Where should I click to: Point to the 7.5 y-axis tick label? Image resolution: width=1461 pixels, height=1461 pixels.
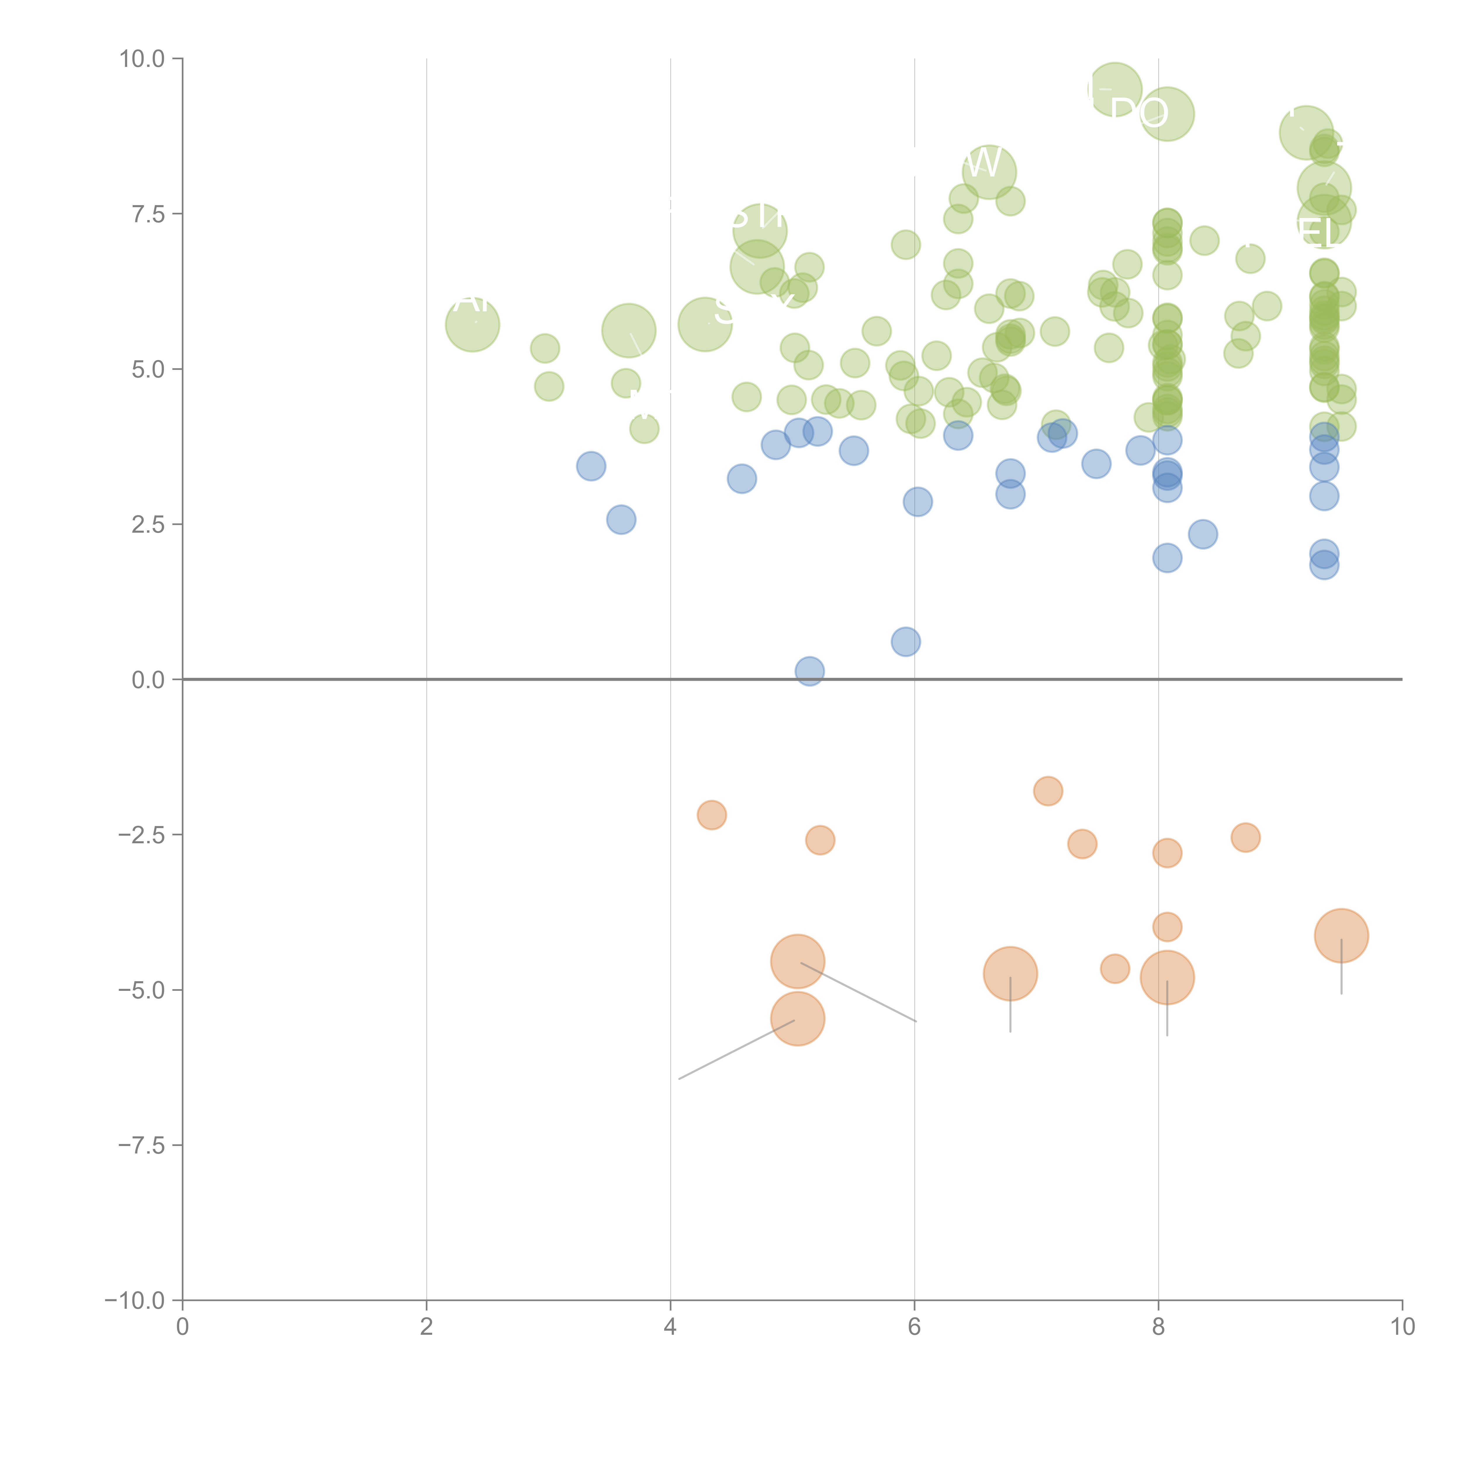point(148,214)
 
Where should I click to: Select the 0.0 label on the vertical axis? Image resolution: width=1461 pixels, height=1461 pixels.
point(148,680)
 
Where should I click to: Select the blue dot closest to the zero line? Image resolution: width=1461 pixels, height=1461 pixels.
point(809,671)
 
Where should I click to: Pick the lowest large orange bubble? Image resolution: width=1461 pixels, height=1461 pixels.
point(798,1019)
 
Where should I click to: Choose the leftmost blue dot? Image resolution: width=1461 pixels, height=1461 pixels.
point(591,466)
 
